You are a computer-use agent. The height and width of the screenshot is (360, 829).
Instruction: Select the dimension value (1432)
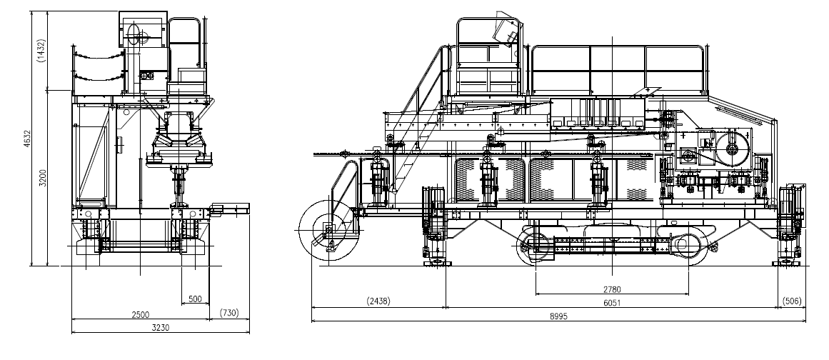click(41, 51)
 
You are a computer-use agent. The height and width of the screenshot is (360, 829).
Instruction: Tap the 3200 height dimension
click(44, 178)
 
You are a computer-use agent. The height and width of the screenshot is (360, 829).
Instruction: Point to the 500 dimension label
click(195, 299)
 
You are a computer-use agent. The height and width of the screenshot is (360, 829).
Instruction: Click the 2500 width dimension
click(140, 314)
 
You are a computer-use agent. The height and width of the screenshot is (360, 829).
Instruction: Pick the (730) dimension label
click(229, 313)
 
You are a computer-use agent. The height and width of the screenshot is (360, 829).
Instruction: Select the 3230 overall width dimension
click(161, 328)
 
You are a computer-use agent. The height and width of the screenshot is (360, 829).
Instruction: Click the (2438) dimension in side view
click(378, 301)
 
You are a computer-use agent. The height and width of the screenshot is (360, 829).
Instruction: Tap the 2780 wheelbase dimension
click(612, 290)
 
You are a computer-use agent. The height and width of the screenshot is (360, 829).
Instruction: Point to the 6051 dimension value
click(612, 303)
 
